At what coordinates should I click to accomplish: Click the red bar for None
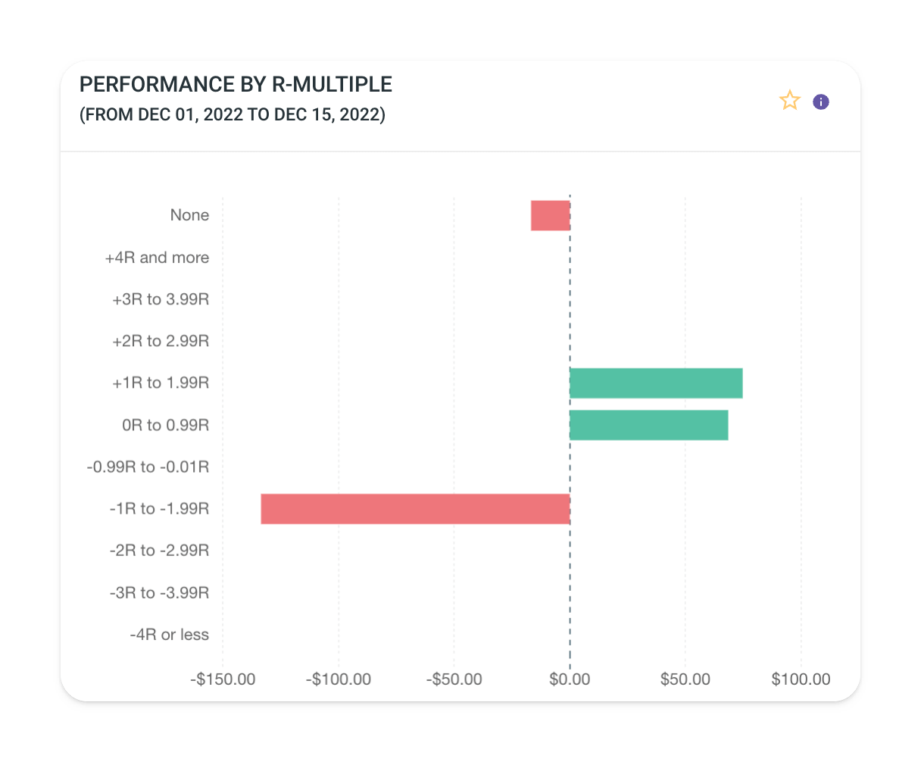[x=551, y=215]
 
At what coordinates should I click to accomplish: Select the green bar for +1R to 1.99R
[x=656, y=383]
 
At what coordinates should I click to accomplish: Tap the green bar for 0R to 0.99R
[x=648, y=425]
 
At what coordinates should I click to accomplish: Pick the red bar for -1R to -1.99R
[x=415, y=509]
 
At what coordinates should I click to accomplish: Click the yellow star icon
[x=790, y=101]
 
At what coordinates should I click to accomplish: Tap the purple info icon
[x=821, y=101]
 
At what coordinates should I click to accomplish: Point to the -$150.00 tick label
[x=223, y=679]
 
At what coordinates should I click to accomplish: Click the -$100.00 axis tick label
[x=339, y=679]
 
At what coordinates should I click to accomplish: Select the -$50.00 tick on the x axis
[x=454, y=679]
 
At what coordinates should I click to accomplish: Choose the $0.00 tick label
[x=570, y=679]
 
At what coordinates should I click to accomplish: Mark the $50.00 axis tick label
[x=685, y=679]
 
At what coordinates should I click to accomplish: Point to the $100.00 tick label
[x=801, y=679]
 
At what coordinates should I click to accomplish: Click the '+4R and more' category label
[x=157, y=258]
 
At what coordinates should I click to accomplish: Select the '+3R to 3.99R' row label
[x=161, y=299]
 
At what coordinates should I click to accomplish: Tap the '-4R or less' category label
[x=169, y=635]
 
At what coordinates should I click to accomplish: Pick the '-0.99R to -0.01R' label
[x=148, y=467]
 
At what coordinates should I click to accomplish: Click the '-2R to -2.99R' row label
[x=159, y=551]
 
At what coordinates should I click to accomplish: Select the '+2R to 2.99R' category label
[x=161, y=341]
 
